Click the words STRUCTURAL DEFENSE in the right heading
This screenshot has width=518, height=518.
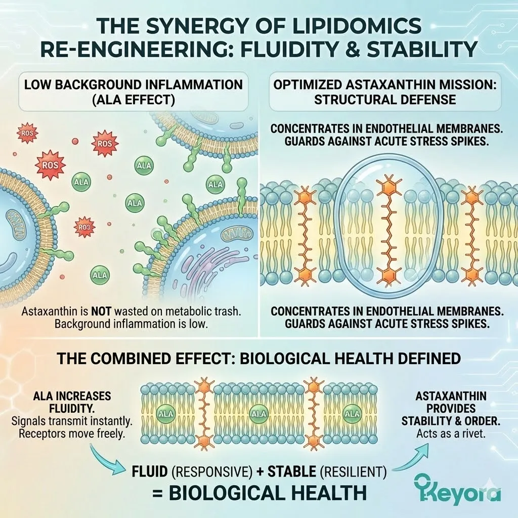(384, 99)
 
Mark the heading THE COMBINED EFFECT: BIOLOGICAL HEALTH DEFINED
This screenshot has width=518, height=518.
(258, 358)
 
